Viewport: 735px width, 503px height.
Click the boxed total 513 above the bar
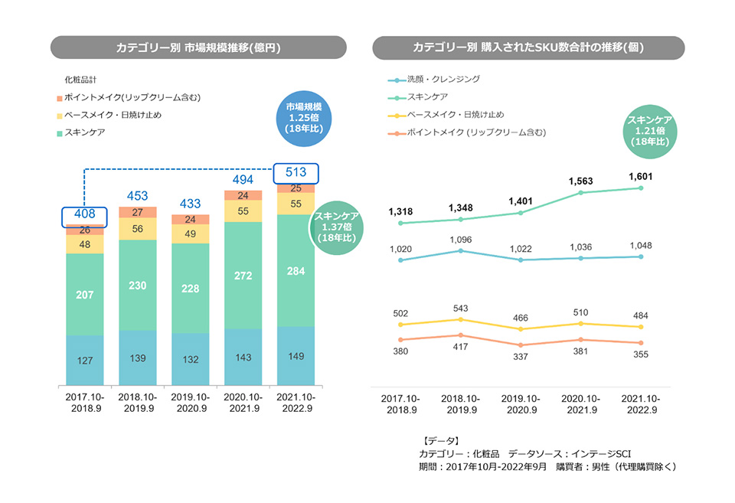[296, 172]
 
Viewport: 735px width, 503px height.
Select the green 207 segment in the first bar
[84, 293]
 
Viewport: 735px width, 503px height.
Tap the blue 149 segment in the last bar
[296, 355]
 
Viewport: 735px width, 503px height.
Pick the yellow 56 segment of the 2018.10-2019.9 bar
[138, 229]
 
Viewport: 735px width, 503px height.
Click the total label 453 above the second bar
[138, 196]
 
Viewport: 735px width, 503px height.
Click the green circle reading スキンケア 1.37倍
[337, 227]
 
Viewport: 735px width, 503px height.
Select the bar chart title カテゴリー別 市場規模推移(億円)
[198, 47]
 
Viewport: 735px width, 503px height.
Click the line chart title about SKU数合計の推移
[528, 47]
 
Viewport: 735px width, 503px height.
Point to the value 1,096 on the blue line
[460, 239]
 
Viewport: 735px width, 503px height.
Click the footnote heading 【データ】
[441, 440]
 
